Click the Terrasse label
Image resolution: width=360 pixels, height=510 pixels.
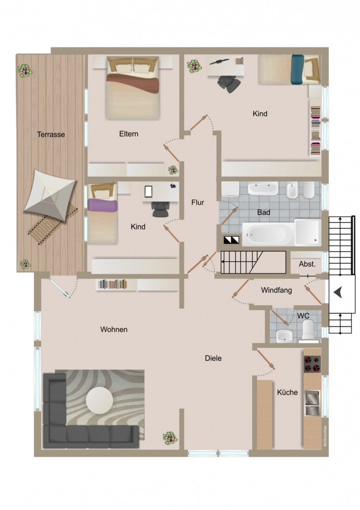51,134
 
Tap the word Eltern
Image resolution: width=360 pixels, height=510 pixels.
129,133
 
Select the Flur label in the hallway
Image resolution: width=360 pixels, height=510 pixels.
198,202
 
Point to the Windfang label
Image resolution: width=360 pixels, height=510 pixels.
276,290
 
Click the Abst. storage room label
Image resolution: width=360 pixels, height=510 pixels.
307,264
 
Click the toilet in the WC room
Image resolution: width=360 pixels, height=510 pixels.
309,330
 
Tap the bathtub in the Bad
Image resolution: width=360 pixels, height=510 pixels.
268,234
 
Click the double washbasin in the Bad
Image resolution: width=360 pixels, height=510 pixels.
263,188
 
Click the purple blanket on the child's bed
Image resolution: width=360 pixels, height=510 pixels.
103,204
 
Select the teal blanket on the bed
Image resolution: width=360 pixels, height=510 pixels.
297,69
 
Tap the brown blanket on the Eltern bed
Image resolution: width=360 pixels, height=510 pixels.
133,83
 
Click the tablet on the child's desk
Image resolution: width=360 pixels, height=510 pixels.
148,191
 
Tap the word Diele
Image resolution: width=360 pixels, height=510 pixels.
213,358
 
